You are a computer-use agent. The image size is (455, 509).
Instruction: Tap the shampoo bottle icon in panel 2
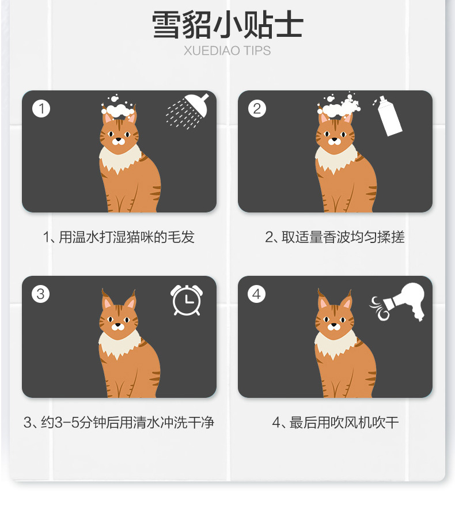pyautogui.click(x=389, y=116)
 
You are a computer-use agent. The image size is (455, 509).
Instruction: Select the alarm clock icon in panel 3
pyautogui.click(x=187, y=300)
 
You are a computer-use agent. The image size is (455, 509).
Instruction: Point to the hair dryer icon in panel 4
pyautogui.click(x=407, y=301)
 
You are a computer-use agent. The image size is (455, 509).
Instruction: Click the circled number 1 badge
pyautogui.click(x=41, y=108)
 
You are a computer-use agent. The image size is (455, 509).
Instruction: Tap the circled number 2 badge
pyautogui.click(x=257, y=108)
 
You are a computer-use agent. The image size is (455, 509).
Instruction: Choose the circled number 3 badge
pyautogui.click(x=40, y=294)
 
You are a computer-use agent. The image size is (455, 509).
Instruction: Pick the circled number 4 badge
pyautogui.click(x=256, y=294)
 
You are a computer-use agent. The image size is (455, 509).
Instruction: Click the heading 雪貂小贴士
pyautogui.click(x=227, y=25)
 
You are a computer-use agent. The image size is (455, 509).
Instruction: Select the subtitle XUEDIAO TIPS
pyautogui.click(x=227, y=51)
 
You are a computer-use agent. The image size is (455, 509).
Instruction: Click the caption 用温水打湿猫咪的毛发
pyautogui.click(x=127, y=237)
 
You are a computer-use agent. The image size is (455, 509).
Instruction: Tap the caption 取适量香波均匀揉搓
pyautogui.click(x=343, y=237)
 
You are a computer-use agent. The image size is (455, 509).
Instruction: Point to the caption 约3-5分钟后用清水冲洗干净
pyautogui.click(x=127, y=422)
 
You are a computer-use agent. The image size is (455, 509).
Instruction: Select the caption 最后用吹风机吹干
pyautogui.click(x=344, y=422)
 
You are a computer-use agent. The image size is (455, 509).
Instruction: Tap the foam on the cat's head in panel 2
pyautogui.click(x=339, y=106)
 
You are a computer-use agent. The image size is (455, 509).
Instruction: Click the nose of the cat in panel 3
pyautogui.click(x=117, y=324)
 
